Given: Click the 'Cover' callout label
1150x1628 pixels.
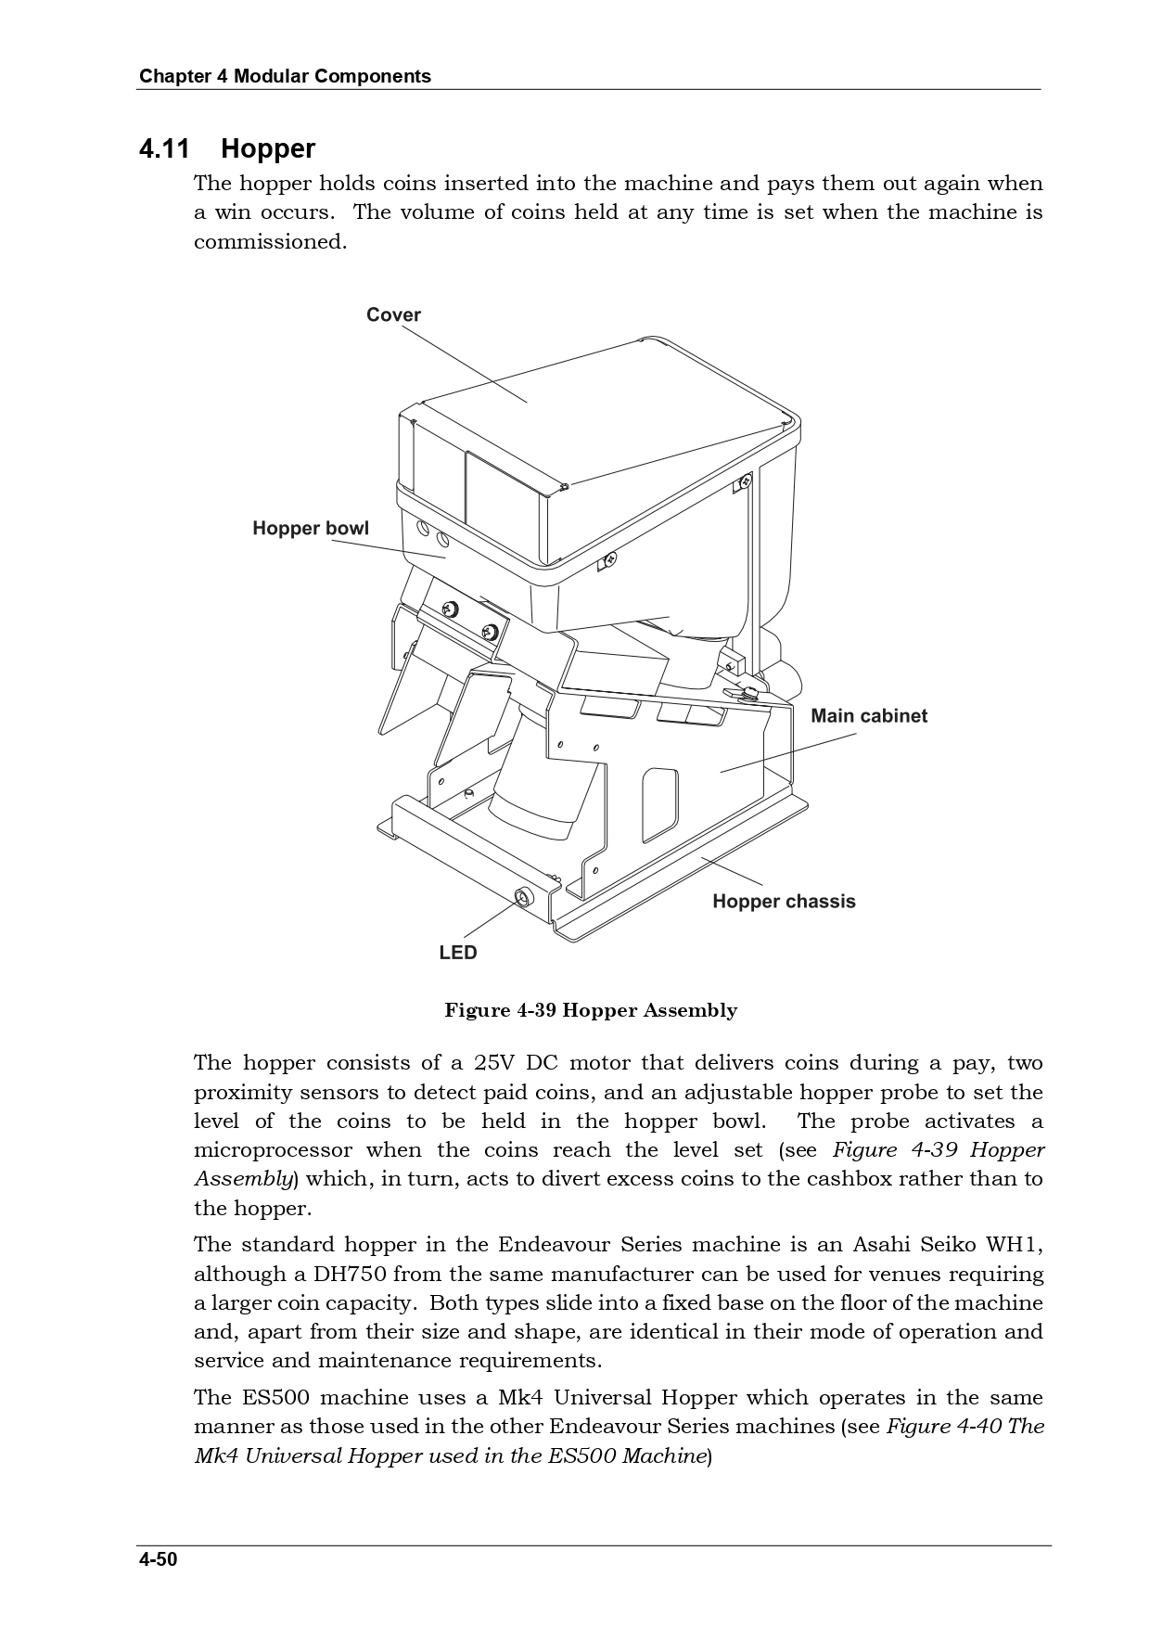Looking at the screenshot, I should [393, 314].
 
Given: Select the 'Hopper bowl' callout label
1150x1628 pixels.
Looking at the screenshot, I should [311, 529].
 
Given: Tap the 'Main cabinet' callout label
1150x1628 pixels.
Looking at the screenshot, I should [868, 716].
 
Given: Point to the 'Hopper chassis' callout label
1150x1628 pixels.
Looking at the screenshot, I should [784, 902].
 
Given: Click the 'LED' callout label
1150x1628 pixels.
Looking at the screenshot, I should [458, 953].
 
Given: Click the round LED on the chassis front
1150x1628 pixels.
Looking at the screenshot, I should [523, 897].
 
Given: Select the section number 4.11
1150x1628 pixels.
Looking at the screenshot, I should [164, 148].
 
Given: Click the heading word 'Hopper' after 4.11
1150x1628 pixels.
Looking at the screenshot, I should [268, 148].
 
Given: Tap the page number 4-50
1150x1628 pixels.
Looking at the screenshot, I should [158, 1559].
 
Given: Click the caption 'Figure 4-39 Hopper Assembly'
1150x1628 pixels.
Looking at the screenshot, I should [591, 1010].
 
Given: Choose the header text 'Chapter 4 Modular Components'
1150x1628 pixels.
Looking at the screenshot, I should [285, 76].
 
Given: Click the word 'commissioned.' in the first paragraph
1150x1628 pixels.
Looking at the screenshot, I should [270, 242].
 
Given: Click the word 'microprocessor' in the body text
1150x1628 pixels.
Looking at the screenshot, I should [273, 1150].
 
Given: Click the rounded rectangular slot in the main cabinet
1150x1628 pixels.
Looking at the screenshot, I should [659, 803].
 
